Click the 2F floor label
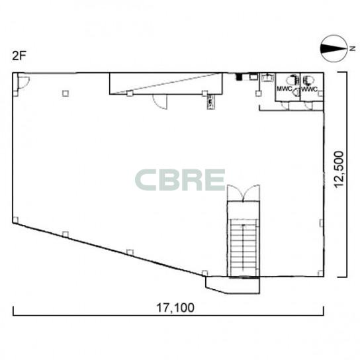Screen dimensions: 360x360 tap(19, 56)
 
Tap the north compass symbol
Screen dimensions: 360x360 tap(334, 48)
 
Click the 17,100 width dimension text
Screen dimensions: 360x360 tap(175, 308)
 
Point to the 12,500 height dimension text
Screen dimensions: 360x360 tap(339, 169)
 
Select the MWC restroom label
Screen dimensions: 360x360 tap(285, 89)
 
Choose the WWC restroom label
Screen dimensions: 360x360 tap(309, 89)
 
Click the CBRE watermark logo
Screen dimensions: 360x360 tap(180, 180)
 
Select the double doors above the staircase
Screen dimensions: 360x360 tap(244, 193)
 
